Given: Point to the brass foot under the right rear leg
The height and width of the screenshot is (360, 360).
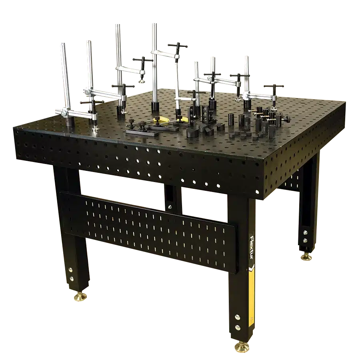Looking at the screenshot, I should coord(306,256).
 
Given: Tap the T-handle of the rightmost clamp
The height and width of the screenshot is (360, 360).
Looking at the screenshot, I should coord(274,86).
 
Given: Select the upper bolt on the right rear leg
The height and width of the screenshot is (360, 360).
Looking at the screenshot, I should coord(305,232).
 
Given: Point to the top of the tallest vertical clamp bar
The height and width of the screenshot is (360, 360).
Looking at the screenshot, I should coord(154,25).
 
